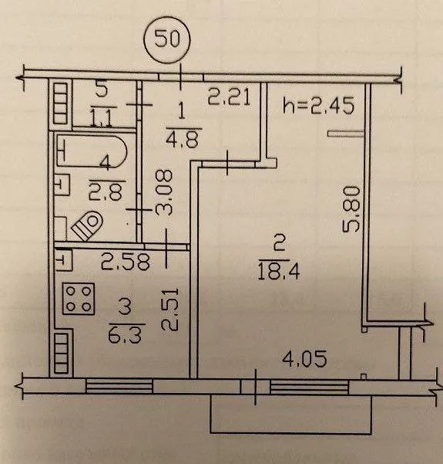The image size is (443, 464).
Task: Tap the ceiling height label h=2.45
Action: pyautogui.click(x=318, y=106)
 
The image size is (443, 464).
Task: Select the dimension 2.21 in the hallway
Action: pyautogui.click(x=229, y=97)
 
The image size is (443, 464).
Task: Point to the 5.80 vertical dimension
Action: pyautogui.click(x=351, y=208)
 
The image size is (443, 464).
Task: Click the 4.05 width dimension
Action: pyautogui.click(x=304, y=359)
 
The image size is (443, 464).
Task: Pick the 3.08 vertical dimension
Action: pyautogui.click(x=163, y=192)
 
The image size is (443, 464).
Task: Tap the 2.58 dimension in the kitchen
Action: pyautogui.click(x=126, y=262)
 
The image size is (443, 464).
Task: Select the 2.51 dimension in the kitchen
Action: pyautogui.click(x=169, y=309)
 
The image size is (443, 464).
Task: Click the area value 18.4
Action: pyautogui.click(x=278, y=272)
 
